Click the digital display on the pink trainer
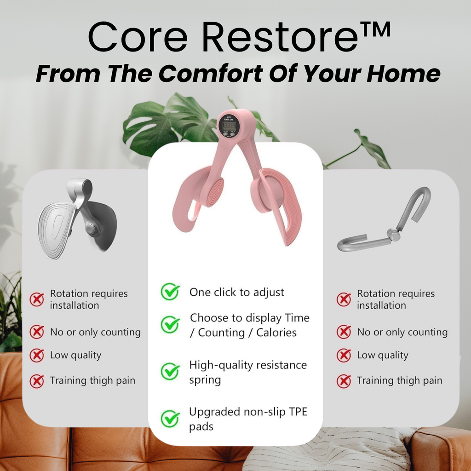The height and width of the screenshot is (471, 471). tap(229, 126)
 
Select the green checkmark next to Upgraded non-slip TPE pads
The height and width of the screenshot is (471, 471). tap(170, 419)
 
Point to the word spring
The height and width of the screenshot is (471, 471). tap(205, 380)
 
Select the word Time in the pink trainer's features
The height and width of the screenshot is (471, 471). tap(297, 318)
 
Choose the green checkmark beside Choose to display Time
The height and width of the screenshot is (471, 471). tap(170, 324)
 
